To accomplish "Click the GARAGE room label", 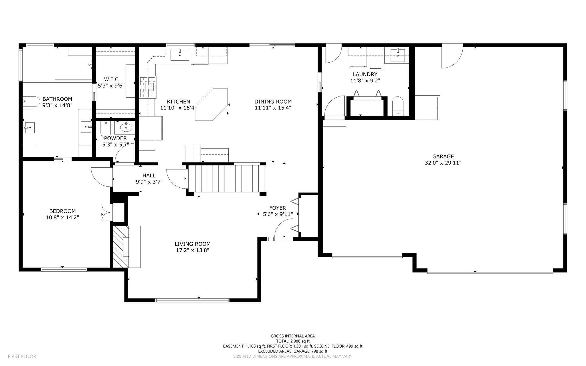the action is (443, 157).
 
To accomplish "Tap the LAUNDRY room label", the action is (365, 74).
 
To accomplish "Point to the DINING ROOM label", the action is (273, 102).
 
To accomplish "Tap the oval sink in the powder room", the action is (126, 127).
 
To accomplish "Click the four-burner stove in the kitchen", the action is (148, 87).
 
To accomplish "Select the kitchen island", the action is (212, 105).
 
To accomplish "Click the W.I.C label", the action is (111, 79).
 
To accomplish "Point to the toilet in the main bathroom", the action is (32, 102).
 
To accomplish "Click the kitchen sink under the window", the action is (180, 55).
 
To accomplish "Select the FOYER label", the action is (278, 208).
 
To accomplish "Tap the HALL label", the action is (149, 175).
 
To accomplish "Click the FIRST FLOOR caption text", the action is (22, 357).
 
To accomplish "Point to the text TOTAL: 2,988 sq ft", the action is (293, 341).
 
